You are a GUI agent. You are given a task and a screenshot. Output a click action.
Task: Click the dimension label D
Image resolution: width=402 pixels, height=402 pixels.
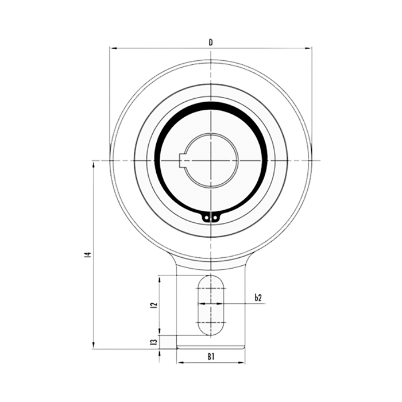coord(211,42)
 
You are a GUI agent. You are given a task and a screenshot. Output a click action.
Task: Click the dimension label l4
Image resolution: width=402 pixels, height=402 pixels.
coord(88,254)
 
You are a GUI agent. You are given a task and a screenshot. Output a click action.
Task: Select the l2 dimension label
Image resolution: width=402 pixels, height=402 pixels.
coord(154,305)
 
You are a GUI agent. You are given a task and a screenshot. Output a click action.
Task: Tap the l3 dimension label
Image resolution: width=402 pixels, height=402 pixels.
coord(154,342)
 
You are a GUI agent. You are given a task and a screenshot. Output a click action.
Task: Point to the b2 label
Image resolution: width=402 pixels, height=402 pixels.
coord(258,297)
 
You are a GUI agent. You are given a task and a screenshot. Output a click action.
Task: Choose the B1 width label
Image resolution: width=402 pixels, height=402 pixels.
coord(211,357)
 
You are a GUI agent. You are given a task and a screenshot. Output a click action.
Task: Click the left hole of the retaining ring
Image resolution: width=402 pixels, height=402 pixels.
coord(206,218)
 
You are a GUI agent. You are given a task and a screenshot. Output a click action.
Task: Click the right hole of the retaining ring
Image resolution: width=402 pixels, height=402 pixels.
coord(215,218)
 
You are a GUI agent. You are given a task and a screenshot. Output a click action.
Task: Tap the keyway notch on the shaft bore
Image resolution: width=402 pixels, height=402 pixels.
coord(182,161)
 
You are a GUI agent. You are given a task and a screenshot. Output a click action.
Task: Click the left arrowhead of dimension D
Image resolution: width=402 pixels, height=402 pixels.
coord(113,48)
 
